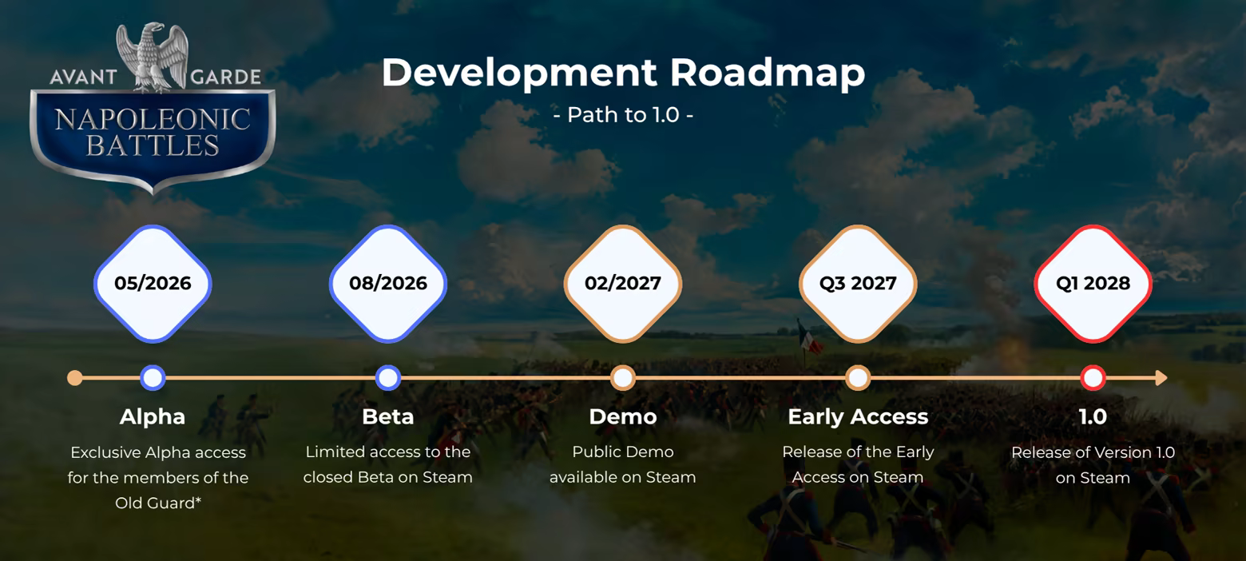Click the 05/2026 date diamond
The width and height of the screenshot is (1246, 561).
153,283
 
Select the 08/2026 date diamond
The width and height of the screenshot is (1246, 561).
387,283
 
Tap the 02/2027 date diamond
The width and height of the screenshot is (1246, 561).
623,283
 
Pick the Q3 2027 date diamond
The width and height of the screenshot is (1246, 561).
858,283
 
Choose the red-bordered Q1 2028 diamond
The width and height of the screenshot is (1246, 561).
1093,283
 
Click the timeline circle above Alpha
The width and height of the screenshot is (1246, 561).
153,378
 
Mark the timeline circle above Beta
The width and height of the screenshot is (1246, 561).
387,378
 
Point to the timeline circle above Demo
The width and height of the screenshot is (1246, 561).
623,378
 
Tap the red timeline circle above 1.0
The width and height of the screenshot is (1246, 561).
1093,378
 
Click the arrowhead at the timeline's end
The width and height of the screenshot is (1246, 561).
1161,378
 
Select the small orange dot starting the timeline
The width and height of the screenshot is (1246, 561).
74,378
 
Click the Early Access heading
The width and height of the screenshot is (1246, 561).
858,417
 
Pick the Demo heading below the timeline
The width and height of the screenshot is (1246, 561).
623,416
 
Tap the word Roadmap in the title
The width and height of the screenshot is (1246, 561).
767,74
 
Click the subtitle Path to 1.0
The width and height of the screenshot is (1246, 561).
623,115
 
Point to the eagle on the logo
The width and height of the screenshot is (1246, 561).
152,57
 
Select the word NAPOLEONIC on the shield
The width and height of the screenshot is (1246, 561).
153,120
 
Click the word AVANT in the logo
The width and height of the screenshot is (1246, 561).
83,77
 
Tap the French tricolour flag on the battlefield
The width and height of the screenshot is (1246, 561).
809,338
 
